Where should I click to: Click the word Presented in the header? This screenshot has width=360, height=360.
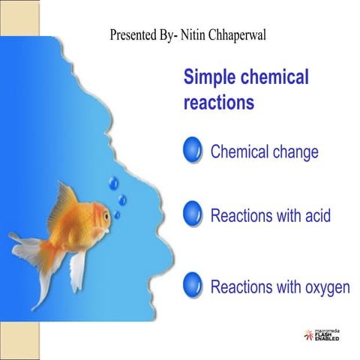coord(132,34)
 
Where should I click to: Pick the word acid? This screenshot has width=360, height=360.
coord(315,216)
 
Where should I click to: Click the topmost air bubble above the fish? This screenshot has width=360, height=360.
coord(113,181)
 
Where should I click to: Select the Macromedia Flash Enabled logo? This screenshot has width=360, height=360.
coord(321,335)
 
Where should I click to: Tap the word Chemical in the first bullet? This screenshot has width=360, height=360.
coord(239,151)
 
